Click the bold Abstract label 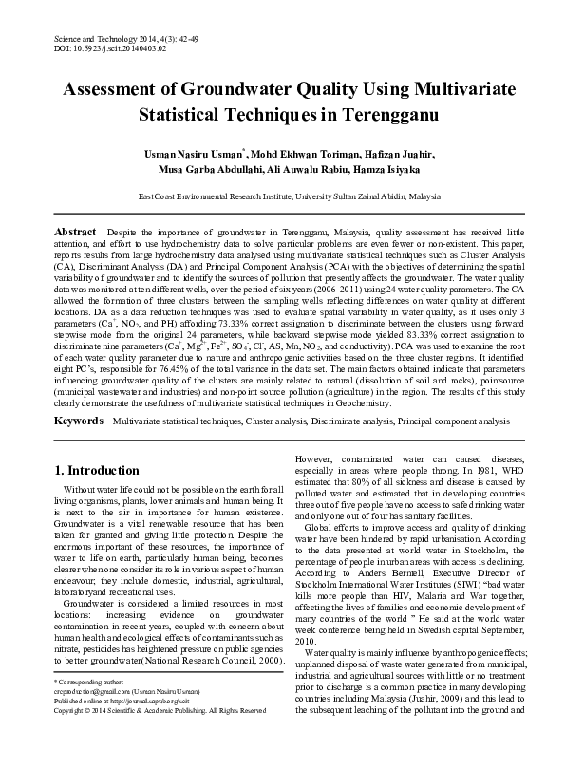(x=75, y=232)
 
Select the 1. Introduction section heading (x=98, y=470)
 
